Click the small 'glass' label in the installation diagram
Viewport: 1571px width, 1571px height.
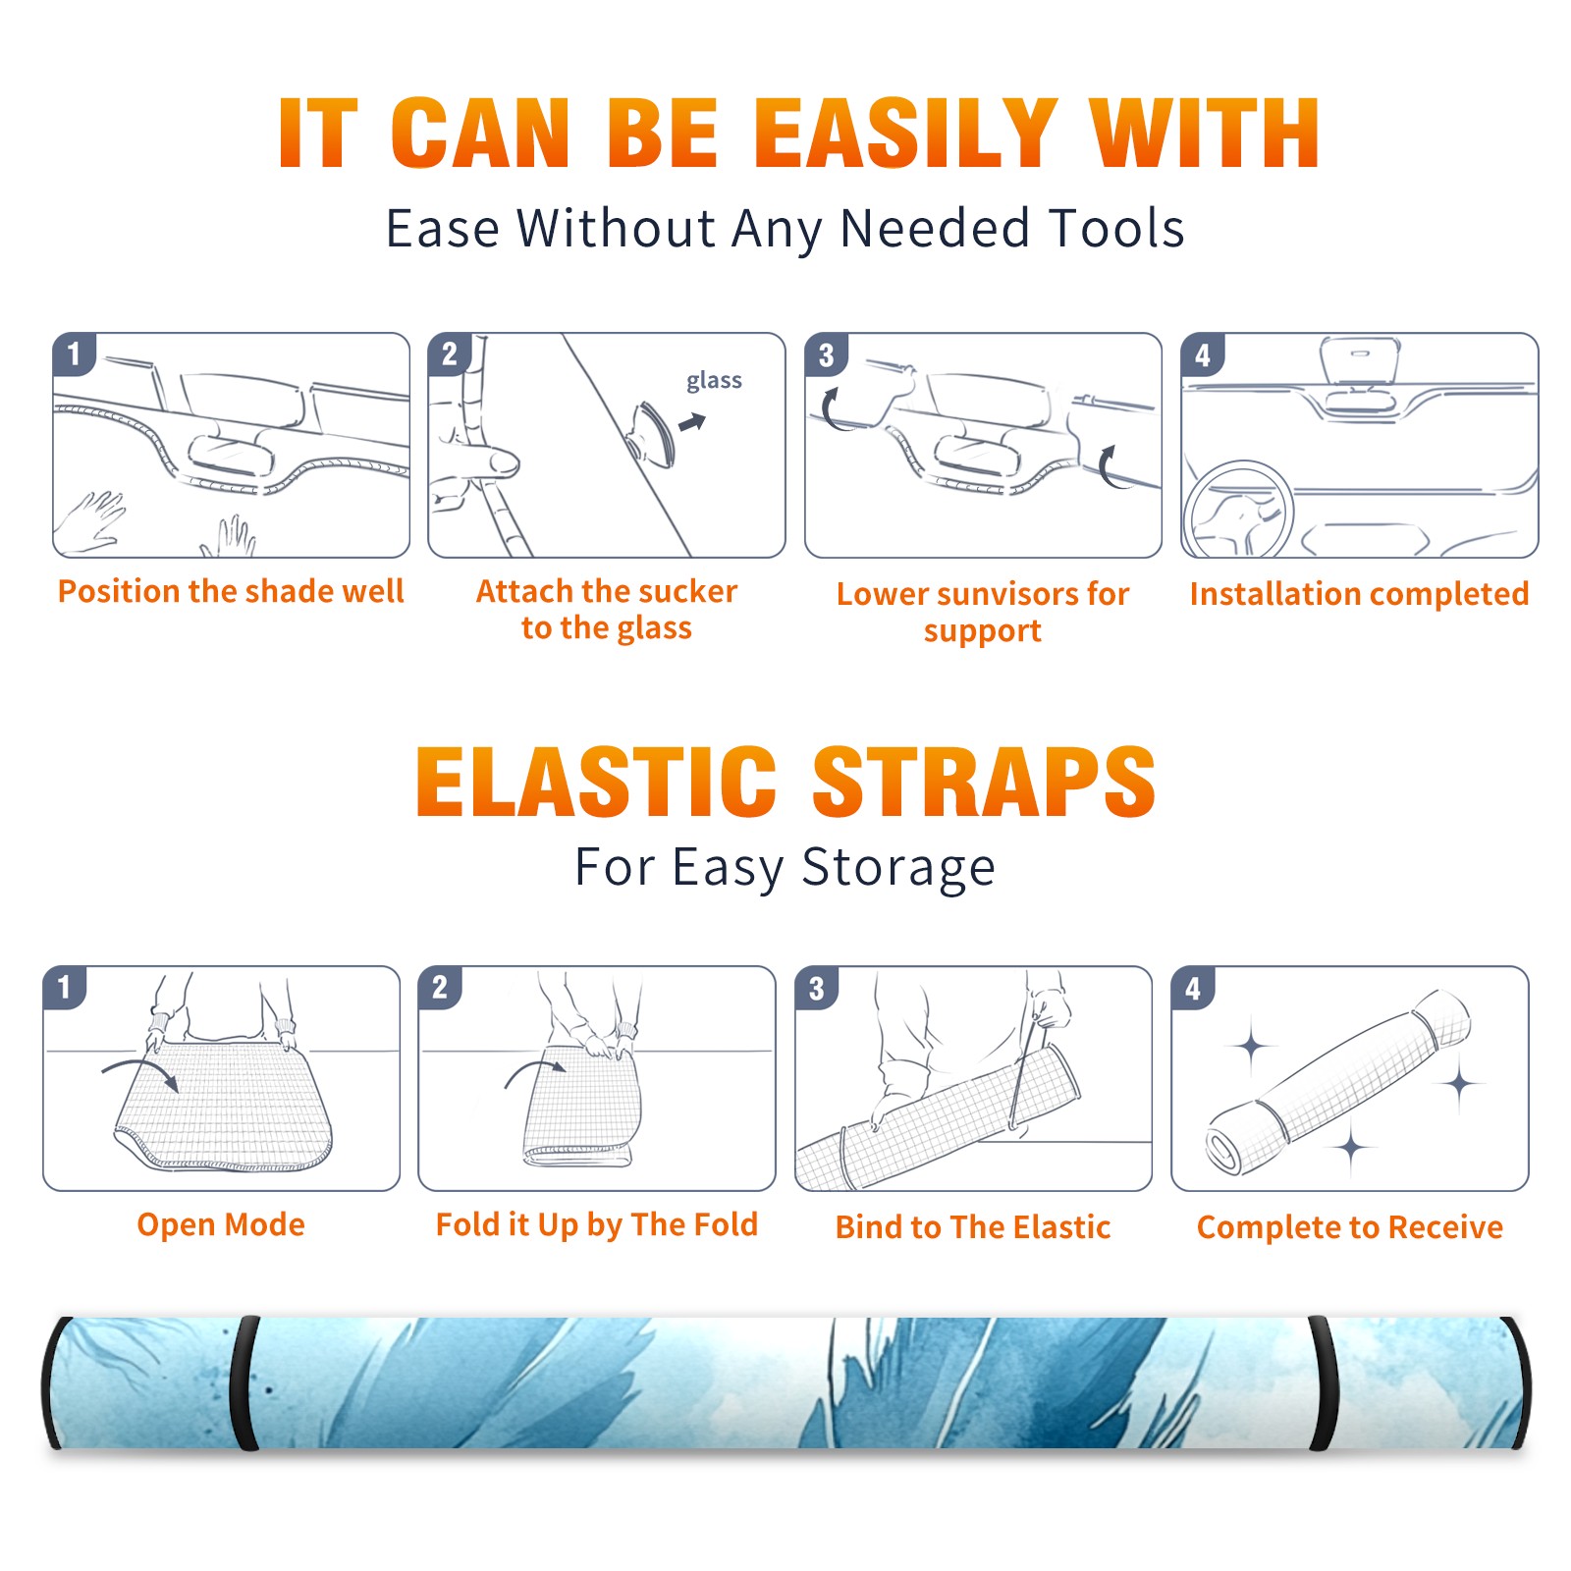(714, 381)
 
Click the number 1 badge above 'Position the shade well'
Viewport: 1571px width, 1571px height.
(75, 353)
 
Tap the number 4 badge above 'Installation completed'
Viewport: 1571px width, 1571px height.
(1203, 354)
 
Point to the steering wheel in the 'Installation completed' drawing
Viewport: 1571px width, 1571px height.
(1239, 511)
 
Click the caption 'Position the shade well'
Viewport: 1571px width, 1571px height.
(231, 592)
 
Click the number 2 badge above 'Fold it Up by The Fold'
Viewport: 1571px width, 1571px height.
(440, 987)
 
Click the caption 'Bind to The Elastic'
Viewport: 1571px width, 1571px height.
(973, 1227)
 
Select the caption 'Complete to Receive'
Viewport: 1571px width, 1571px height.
(1350, 1227)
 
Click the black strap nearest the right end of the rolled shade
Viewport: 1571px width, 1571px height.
(1324, 1384)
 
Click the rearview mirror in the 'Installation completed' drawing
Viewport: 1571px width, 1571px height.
(1360, 361)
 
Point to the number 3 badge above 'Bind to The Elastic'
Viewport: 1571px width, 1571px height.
(817, 988)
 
